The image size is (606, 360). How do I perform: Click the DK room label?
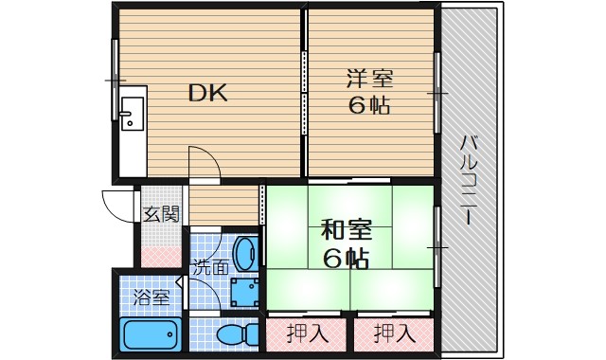[x=206, y=93]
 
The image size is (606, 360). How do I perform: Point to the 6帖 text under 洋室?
[x=369, y=105]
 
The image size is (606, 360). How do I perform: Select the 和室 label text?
[x=346, y=230]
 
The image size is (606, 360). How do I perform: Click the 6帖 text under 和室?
[x=346, y=257]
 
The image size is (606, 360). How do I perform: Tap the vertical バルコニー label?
[x=469, y=180]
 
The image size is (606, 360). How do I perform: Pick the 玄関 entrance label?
[x=160, y=214]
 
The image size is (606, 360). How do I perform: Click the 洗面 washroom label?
[x=210, y=268]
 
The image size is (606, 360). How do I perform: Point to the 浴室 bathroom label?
[x=151, y=297]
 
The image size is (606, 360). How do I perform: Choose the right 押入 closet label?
[x=394, y=333]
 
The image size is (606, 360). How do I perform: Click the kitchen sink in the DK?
[x=132, y=111]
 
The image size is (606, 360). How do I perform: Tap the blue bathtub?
[x=151, y=334]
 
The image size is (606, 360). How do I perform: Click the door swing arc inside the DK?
[x=205, y=161]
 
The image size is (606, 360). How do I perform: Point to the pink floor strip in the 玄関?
[x=161, y=254]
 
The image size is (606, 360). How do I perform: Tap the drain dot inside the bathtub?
[x=172, y=333]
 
